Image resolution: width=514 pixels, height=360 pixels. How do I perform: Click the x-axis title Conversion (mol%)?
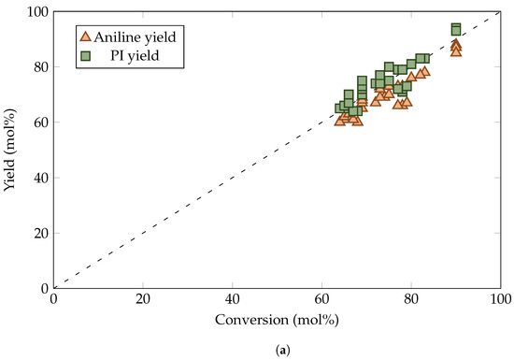[x=277, y=320]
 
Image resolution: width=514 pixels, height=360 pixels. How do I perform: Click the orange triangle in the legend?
[x=85, y=36]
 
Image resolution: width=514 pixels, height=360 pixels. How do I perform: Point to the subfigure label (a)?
[x=277, y=349]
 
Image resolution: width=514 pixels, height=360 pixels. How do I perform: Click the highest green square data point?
[x=456, y=28]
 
